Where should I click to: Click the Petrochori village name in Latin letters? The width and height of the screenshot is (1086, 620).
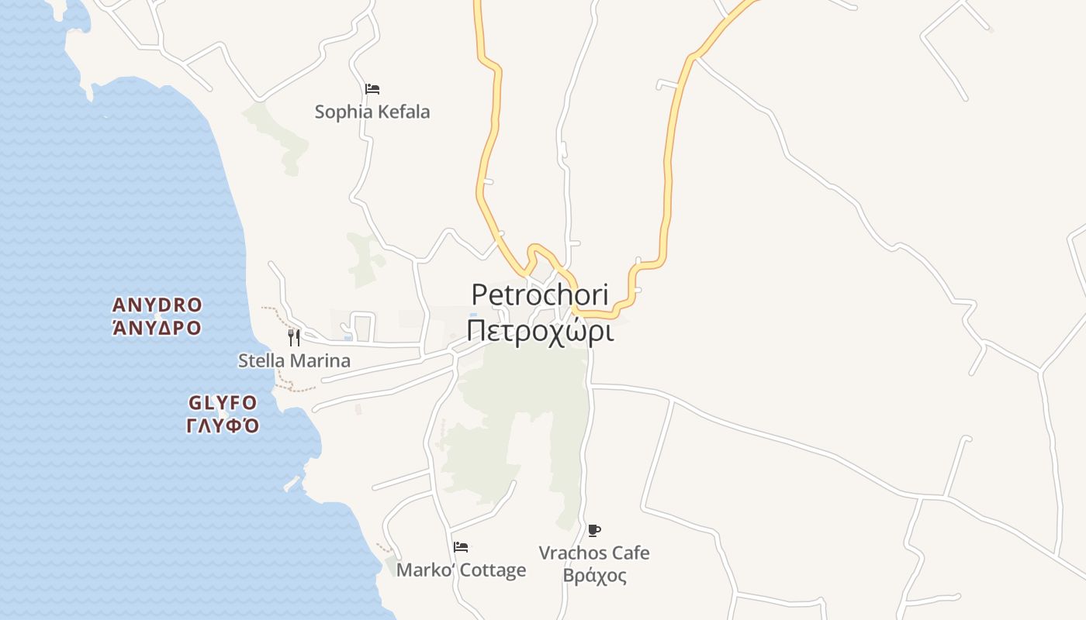click(x=540, y=295)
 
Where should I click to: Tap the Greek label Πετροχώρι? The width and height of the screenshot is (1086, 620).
click(x=540, y=331)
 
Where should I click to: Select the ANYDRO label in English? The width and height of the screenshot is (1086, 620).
click(x=157, y=305)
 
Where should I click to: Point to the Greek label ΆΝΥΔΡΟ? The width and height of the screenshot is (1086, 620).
click(x=157, y=328)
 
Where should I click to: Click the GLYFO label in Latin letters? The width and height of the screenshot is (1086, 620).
click(x=223, y=403)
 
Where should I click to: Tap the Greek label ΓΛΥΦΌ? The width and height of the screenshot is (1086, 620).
click(x=223, y=425)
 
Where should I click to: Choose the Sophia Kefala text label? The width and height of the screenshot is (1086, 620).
click(x=372, y=112)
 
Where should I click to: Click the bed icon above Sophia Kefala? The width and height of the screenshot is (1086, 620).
click(x=372, y=89)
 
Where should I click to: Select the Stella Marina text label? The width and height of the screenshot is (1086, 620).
click(x=294, y=360)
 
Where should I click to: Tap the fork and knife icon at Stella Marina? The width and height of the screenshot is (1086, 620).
click(x=294, y=337)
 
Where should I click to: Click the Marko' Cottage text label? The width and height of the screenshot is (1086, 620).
click(x=461, y=570)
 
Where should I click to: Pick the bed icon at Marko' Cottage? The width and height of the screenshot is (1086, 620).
click(x=461, y=547)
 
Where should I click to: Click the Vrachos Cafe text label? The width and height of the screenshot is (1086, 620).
click(x=594, y=553)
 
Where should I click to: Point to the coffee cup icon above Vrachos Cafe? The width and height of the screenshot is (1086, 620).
click(x=594, y=530)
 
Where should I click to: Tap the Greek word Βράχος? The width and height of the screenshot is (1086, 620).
click(x=594, y=576)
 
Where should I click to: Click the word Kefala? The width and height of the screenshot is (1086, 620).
click(x=403, y=112)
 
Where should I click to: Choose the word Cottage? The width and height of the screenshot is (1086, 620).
click(x=493, y=570)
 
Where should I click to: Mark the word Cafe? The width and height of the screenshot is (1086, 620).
click(x=630, y=553)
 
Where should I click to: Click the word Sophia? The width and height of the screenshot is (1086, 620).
click(x=341, y=112)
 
